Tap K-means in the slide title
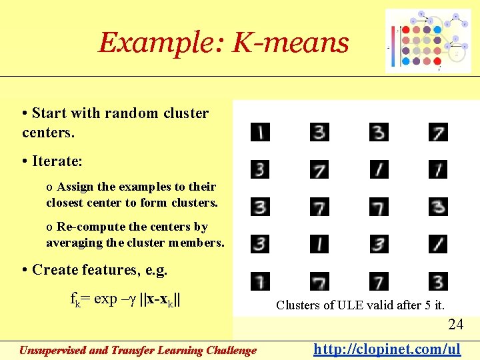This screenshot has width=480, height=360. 290,43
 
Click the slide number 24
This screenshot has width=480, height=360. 455,325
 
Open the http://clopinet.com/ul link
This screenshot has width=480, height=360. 387,349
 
